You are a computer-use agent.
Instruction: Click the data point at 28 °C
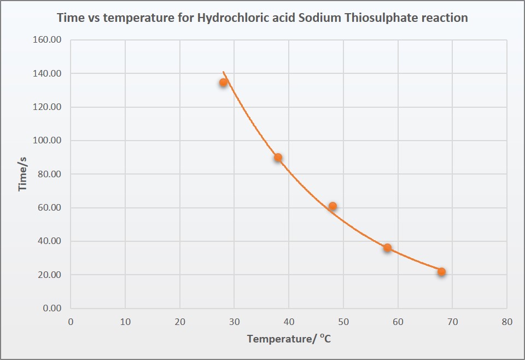coord(223,83)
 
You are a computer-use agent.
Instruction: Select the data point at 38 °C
coord(278,158)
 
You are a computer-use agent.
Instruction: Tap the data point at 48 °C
coord(332,206)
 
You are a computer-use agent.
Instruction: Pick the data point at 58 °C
coord(387,248)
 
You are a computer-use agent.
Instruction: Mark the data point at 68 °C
coord(441,272)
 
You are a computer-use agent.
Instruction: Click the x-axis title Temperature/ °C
coord(289,339)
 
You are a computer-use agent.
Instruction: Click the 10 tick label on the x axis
coord(125,322)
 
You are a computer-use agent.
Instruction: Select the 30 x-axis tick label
coord(234,322)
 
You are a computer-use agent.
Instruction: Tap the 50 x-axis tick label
coord(343,322)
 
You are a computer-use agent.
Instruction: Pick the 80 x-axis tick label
coord(507,322)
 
